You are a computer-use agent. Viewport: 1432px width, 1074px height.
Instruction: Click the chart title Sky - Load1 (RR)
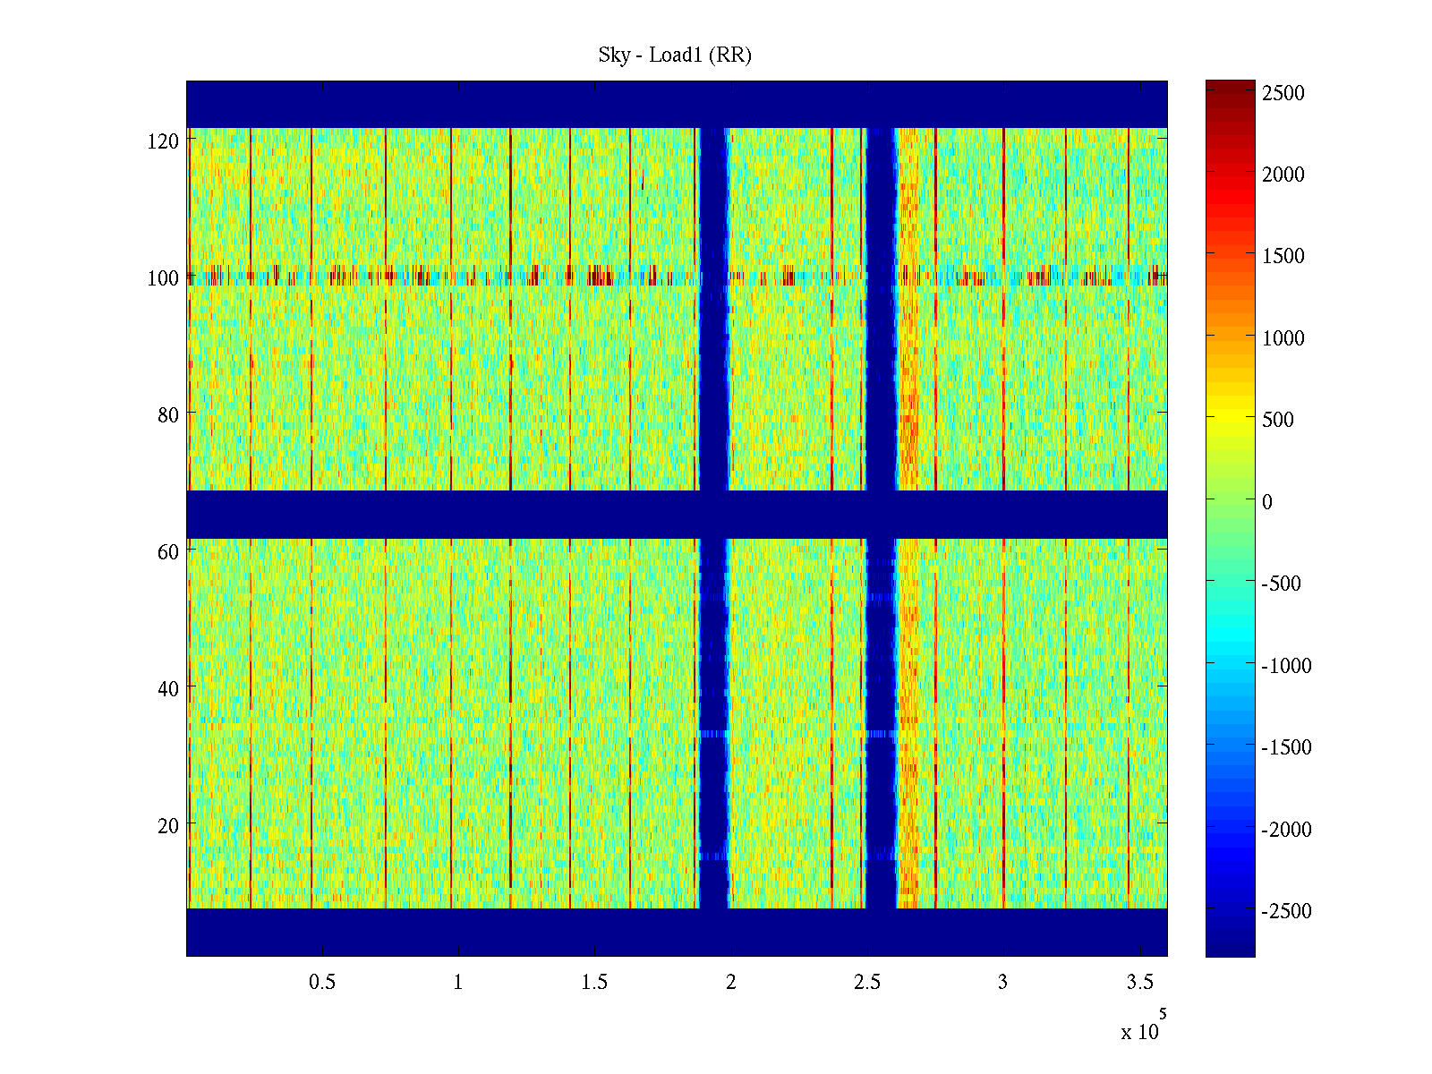pyautogui.click(x=675, y=55)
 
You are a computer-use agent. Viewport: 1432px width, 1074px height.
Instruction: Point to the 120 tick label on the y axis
pyautogui.click(x=163, y=141)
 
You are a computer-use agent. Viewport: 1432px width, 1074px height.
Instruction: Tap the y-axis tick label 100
pyautogui.click(x=163, y=278)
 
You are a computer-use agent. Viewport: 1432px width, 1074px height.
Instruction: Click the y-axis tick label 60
pyautogui.click(x=167, y=552)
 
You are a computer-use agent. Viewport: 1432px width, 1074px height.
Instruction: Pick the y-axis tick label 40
pyautogui.click(x=167, y=689)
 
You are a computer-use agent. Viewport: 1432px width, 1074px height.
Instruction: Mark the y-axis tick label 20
pyautogui.click(x=167, y=826)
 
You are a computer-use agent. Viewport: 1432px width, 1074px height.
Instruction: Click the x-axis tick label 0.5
pyautogui.click(x=322, y=983)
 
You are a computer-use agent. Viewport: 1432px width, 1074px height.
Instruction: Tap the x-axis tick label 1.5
pyautogui.click(x=594, y=983)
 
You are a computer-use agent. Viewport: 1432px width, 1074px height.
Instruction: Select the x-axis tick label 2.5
pyautogui.click(x=866, y=983)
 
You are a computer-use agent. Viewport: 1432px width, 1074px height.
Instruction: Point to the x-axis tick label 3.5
pyautogui.click(x=1139, y=983)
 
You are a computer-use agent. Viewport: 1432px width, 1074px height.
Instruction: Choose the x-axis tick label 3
pyautogui.click(x=1002, y=983)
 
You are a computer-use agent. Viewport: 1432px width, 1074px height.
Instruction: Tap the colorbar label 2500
pyautogui.click(x=1283, y=93)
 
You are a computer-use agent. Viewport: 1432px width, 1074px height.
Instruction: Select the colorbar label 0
pyautogui.click(x=1267, y=502)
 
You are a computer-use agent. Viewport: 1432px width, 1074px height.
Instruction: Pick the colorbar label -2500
pyautogui.click(x=1286, y=911)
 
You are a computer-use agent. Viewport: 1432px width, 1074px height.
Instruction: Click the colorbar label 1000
pyautogui.click(x=1283, y=338)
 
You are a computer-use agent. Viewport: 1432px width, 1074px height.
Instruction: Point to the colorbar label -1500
pyautogui.click(x=1286, y=747)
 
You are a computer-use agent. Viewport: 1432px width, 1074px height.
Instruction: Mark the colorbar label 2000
pyautogui.click(x=1283, y=175)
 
